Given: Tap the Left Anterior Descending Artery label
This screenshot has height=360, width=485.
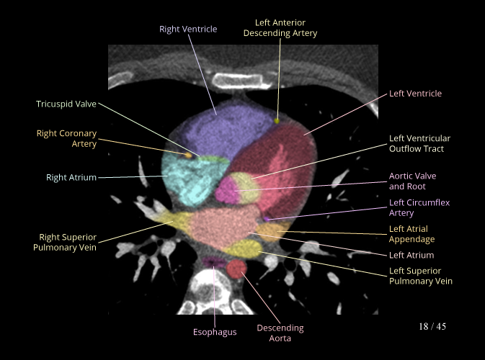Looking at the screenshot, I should pos(280,28).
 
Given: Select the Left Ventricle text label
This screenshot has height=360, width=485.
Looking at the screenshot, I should pos(415,94).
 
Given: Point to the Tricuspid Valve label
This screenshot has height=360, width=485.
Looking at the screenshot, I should pos(66,104).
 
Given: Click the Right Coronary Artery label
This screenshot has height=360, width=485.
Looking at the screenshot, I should pos(66,139).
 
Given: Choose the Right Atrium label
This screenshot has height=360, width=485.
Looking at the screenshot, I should pos(71,177).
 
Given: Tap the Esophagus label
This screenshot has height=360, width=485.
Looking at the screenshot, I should pos(215,332).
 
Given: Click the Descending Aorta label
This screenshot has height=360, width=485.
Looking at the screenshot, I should pos(280,333).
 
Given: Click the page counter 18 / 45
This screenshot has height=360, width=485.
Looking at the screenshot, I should pos(432,327).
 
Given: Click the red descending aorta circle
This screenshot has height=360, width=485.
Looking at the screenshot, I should pos(236,269).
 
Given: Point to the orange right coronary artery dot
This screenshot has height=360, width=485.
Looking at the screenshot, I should pos(189,154).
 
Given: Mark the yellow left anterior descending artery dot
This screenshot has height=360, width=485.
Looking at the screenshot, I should pos(277,120).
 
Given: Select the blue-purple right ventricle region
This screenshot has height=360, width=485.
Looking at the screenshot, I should pos(216,130).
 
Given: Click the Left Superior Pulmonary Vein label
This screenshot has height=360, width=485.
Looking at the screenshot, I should pos(421,276).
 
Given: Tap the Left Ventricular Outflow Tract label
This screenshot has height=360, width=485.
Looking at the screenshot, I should pos(424,143).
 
